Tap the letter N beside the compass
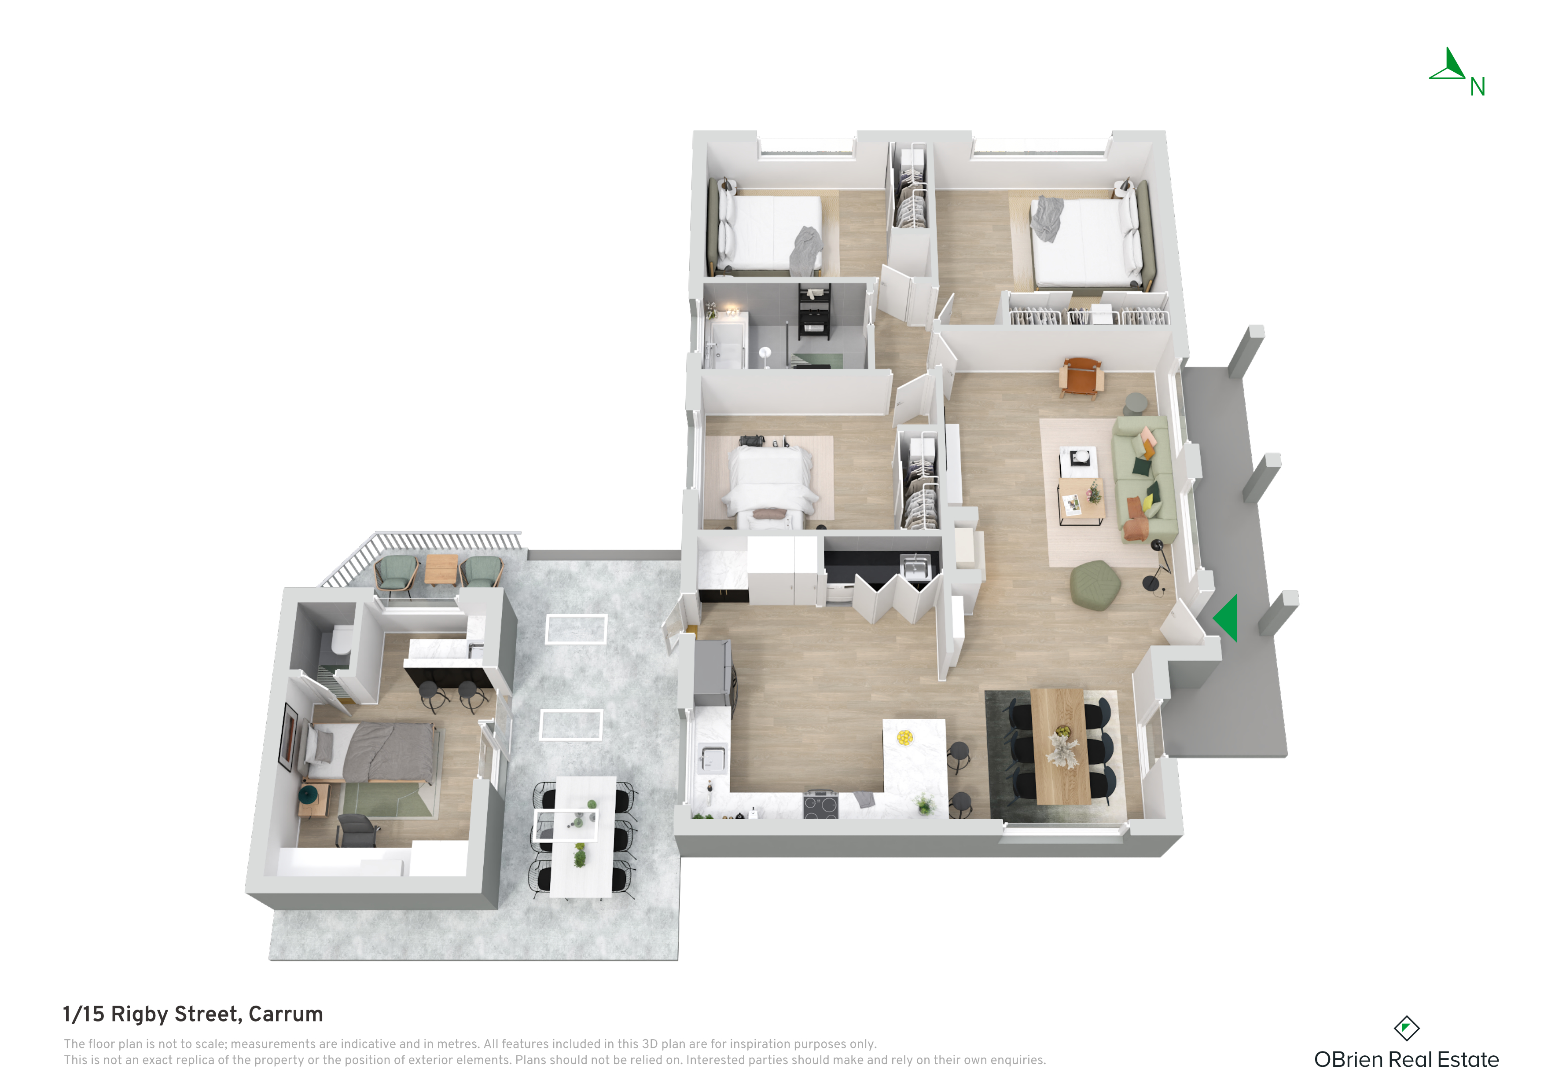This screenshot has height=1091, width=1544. coord(1478,87)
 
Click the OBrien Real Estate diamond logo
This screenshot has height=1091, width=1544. coord(1406,1029)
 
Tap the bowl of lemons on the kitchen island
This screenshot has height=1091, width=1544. coord(904,737)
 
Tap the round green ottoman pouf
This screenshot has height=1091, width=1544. coord(1095,585)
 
